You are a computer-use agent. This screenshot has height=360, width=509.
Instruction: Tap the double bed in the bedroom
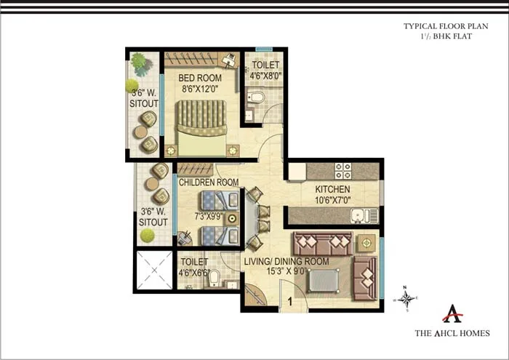click(x=203, y=128)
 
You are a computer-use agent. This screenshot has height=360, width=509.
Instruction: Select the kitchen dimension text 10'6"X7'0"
click(x=332, y=200)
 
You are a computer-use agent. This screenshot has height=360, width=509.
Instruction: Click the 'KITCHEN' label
click(x=332, y=189)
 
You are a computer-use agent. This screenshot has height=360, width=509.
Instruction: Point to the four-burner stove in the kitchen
click(x=342, y=171)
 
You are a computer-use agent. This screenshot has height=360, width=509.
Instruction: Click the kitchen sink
click(x=362, y=215)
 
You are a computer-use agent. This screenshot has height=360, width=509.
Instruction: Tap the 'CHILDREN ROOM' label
click(x=209, y=182)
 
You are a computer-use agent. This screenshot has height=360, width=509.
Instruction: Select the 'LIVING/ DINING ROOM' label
click(x=286, y=261)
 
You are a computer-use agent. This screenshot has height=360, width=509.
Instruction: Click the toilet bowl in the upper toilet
click(x=257, y=97)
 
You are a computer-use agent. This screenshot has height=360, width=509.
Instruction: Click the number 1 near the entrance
click(x=289, y=300)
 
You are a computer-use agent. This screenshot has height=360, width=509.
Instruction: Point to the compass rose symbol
click(x=407, y=298)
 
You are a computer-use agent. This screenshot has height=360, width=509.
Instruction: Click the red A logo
click(x=452, y=314)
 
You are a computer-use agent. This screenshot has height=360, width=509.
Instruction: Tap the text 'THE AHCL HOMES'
click(x=452, y=334)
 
